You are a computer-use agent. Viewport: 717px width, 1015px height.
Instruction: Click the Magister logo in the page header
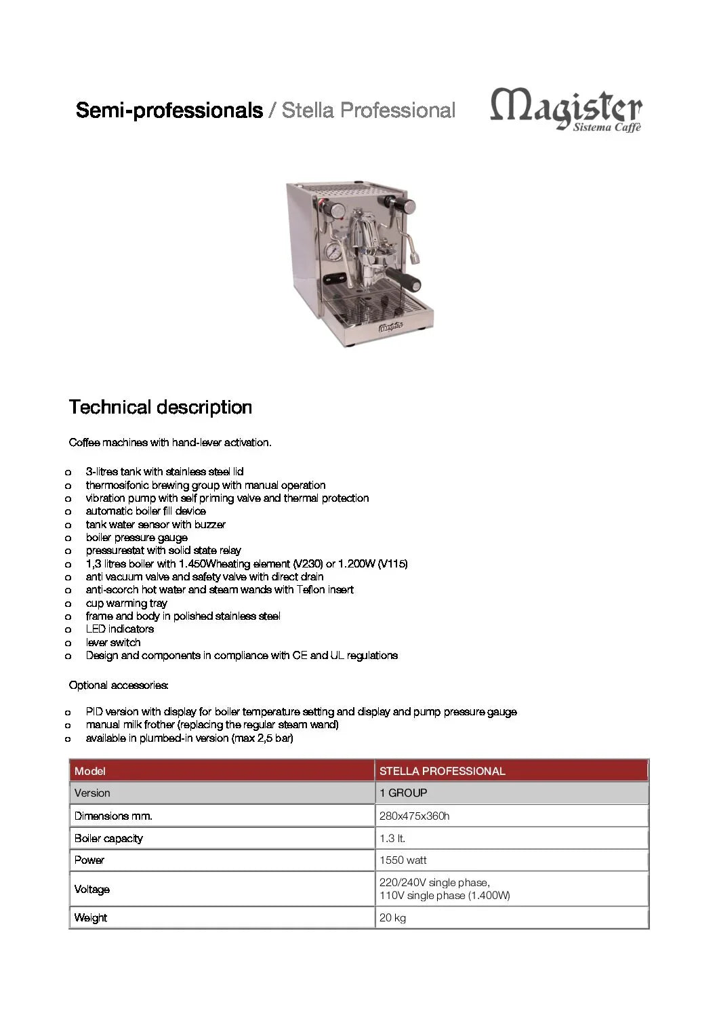point(566,108)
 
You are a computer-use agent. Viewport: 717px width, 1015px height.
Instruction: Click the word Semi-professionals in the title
point(169,110)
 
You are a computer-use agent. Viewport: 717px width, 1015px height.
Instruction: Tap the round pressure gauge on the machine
point(333,252)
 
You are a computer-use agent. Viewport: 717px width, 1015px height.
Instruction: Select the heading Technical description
point(160,407)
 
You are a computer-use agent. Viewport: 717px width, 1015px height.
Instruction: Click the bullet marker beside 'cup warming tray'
point(68,603)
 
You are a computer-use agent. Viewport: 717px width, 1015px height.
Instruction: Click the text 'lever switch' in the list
point(113,643)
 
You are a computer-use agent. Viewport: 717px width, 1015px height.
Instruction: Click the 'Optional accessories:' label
point(119,685)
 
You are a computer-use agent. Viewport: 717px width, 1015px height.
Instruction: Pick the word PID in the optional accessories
point(94,712)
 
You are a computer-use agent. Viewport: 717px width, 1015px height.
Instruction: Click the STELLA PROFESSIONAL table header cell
point(442,771)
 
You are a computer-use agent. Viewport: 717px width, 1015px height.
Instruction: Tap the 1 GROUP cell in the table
point(403,793)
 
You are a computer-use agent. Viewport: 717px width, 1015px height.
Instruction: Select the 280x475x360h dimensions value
point(414,816)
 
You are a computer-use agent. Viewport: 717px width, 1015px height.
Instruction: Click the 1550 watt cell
point(403,860)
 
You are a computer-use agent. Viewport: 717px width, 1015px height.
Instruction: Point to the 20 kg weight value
point(392,918)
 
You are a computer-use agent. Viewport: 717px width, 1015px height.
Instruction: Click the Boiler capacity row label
point(108,839)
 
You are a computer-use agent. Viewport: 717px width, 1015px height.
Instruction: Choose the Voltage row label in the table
point(91,890)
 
